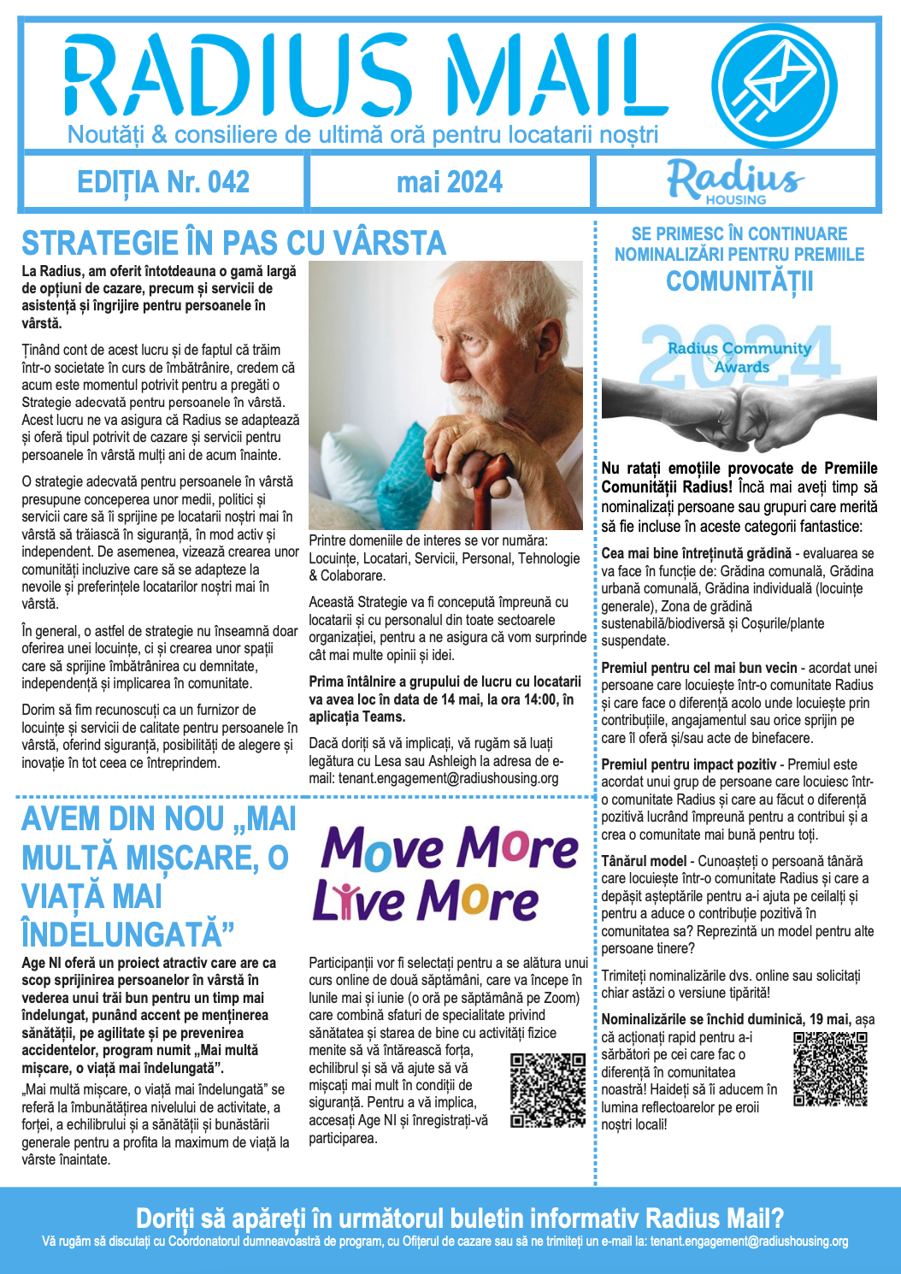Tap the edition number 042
(228, 182)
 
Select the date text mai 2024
(450, 182)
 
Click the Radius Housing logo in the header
(736, 181)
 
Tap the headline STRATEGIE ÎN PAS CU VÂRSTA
(233, 244)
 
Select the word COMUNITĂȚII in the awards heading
(739, 281)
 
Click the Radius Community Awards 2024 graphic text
(739, 357)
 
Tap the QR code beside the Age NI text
(548, 1089)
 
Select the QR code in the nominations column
(830, 1069)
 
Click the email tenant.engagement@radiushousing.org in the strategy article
(448, 779)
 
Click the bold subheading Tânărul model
(644, 861)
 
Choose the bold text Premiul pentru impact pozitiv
(689, 764)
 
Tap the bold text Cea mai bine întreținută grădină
(697, 553)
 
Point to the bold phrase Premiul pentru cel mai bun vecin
(699, 668)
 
